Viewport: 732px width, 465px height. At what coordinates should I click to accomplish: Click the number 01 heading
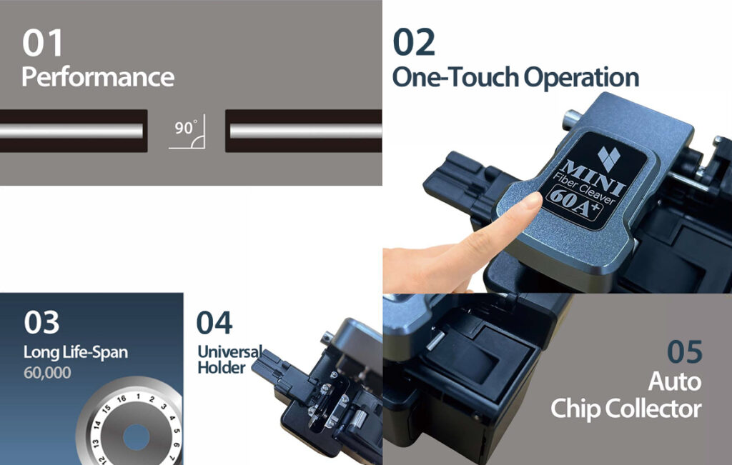(x=42, y=43)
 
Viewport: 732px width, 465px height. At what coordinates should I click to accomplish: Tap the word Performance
(x=98, y=77)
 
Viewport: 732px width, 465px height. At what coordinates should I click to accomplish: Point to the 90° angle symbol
(x=187, y=131)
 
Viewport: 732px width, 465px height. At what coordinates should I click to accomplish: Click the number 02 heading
(x=414, y=42)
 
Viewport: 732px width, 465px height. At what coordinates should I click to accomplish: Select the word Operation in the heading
(x=581, y=77)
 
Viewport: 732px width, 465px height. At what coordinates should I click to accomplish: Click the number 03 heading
(x=41, y=322)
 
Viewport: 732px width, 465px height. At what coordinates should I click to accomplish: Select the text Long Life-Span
(x=76, y=352)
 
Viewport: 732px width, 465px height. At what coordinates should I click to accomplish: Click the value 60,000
(x=47, y=373)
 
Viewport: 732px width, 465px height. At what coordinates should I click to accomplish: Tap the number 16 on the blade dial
(x=122, y=399)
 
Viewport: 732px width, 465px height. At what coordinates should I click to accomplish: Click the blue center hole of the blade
(x=137, y=437)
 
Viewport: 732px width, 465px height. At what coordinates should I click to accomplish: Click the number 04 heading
(x=214, y=322)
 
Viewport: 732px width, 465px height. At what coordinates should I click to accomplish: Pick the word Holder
(x=222, y=368)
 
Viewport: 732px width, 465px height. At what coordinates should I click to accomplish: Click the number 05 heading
(x=684, y=351)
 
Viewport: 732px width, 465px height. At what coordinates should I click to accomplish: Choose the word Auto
(x=675, y=381)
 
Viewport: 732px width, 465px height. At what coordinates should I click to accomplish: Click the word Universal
(x=229, y=351)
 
